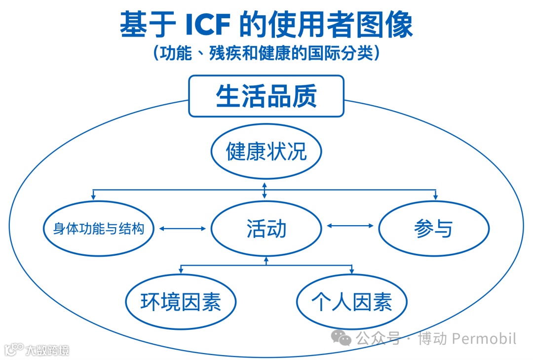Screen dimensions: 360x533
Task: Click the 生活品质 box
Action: [266, 96]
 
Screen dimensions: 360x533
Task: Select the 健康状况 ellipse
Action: [266, 151]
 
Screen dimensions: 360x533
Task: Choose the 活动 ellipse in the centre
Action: [266, 229]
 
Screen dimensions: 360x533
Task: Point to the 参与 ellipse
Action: [433, 229]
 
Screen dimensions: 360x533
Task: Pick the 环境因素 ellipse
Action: [181, 302]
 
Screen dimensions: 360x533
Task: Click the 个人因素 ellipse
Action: [351, 302]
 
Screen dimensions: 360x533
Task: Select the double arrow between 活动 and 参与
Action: [350, 226]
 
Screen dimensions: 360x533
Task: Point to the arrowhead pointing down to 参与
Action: [436, 197]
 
